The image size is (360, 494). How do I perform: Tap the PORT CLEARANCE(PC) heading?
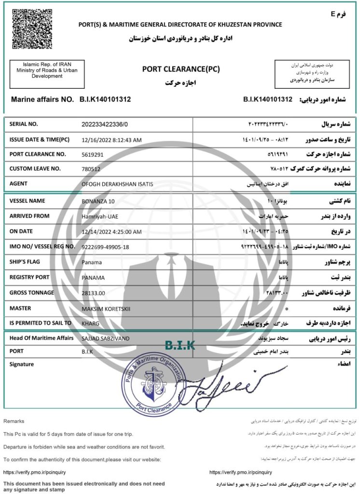tap(181, 69)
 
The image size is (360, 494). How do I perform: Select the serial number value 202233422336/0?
tap(105, 124)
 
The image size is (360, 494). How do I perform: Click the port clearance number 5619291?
tap(93, 155)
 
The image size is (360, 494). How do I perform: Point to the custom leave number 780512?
tap(91, 169)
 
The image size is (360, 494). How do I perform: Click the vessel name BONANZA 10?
tap(98, 201)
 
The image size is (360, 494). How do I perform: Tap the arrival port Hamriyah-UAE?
tap(102, 216)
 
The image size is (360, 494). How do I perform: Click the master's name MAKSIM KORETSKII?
tap(106, 308)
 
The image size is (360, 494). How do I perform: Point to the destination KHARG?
tap(90, 323)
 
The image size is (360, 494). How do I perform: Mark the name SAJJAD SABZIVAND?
tap(106, 339)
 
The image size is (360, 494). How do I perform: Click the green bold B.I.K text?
tap(180, 345)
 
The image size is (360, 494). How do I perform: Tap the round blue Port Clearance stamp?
tap(154, 384)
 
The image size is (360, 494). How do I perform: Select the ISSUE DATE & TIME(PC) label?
tap(40, 139)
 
